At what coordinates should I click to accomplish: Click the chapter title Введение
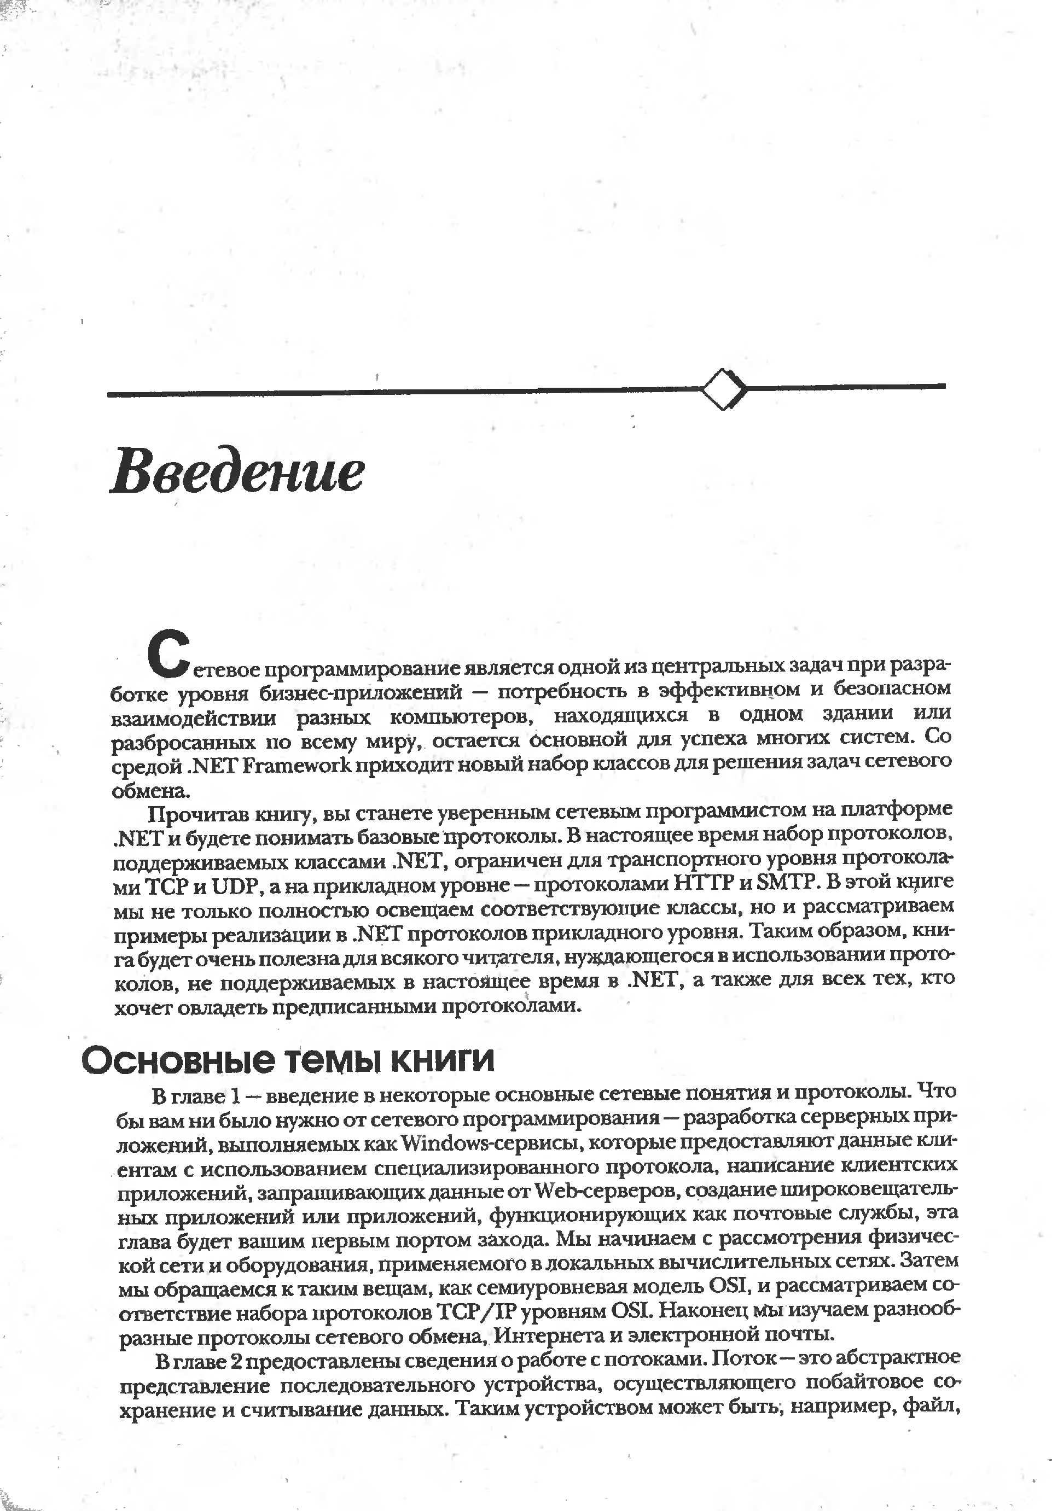[x=237, y=470]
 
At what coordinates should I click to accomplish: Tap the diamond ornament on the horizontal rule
[x=724, y=389]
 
